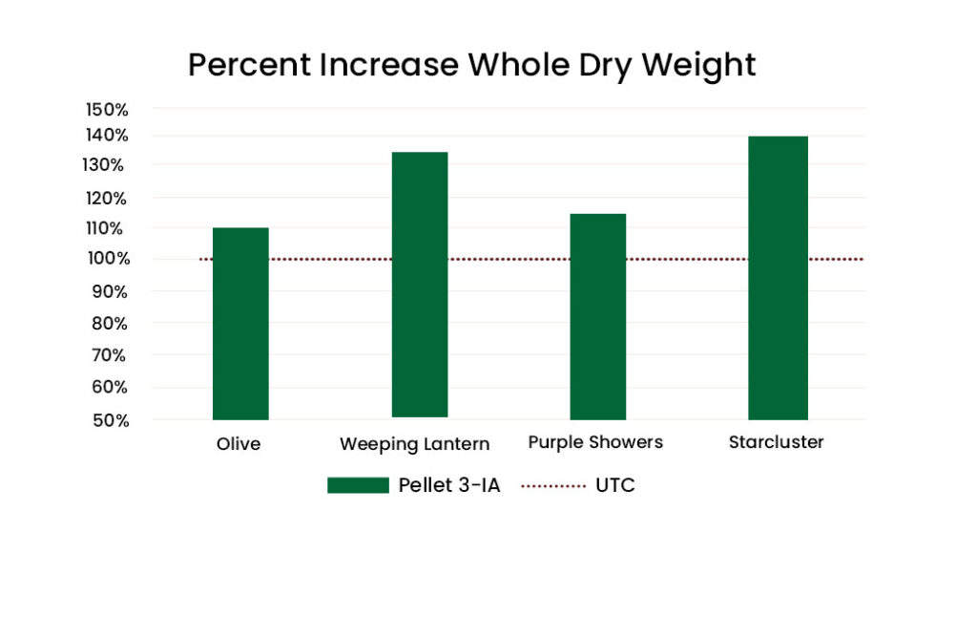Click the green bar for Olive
[x=240, y=323]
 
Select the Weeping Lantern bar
[x=420, y=285]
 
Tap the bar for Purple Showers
[x=598, y=316]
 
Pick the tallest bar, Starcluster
[x=779, y=278]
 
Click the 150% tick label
[x=107, y=110]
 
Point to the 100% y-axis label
[x=109, y=258]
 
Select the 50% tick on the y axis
[x=111, y=420]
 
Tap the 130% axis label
[x=103, y=165]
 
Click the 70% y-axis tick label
[x=109, y=355]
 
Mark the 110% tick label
[x=105, y=228]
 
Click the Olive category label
[x=239, y=444]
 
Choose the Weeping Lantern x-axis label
[x=414, y=445]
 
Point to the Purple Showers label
[x=595, y=442]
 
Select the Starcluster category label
[x=777, y=442]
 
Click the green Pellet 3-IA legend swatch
[x=359, y=485]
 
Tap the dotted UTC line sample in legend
[x=553, y=485]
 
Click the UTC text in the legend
[x=615, y=485]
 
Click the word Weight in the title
[x=698, y=66]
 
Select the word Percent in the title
[x=249, y=65]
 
